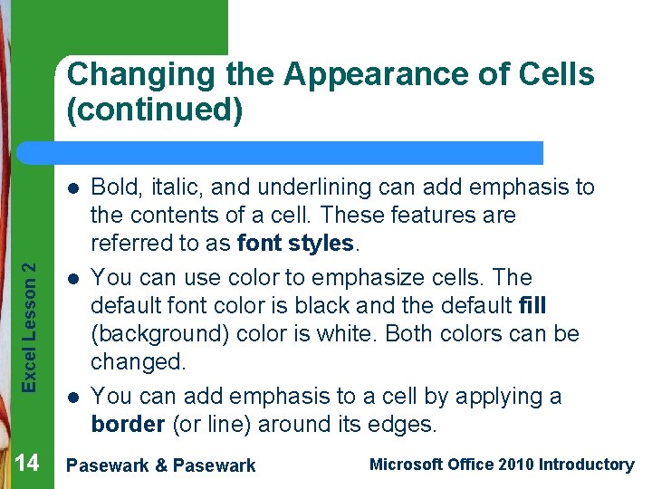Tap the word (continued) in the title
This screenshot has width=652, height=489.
(155, 110)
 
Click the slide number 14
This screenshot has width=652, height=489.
(27, 464)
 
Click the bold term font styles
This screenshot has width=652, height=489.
(295, 244)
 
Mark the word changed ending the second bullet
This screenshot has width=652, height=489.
(137, 362)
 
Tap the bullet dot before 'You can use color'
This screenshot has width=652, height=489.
(72, 278)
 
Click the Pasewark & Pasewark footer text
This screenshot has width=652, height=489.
(162, 465)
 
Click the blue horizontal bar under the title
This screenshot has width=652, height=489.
(299, 152)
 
